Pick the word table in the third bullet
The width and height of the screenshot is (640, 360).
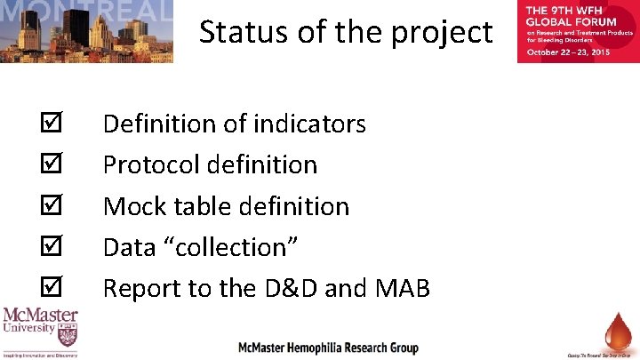point(199,206)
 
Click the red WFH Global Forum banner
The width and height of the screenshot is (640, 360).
point(577,31)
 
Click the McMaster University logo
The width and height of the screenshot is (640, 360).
point(40,332)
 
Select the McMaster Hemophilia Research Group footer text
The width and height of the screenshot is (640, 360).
point(328,347)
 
